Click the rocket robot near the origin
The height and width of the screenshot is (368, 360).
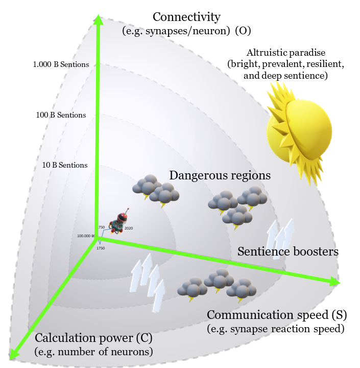pos(118,223)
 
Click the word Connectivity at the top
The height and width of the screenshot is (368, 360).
pos(186,17)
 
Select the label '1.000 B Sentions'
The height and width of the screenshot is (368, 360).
pos(61,64)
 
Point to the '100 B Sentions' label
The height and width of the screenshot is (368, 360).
pos(61,115)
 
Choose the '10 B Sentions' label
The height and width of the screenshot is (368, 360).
pos(65,165)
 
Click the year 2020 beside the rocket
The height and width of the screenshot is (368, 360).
pos(129,228)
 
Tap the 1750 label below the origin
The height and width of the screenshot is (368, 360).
pos(101,248)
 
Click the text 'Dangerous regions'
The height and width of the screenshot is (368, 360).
pos(220,175)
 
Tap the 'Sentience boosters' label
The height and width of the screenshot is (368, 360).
pos(288,251)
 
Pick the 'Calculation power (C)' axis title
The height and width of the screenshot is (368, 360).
pos(93,338)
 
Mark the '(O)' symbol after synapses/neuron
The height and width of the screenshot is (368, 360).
pos(243,31)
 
